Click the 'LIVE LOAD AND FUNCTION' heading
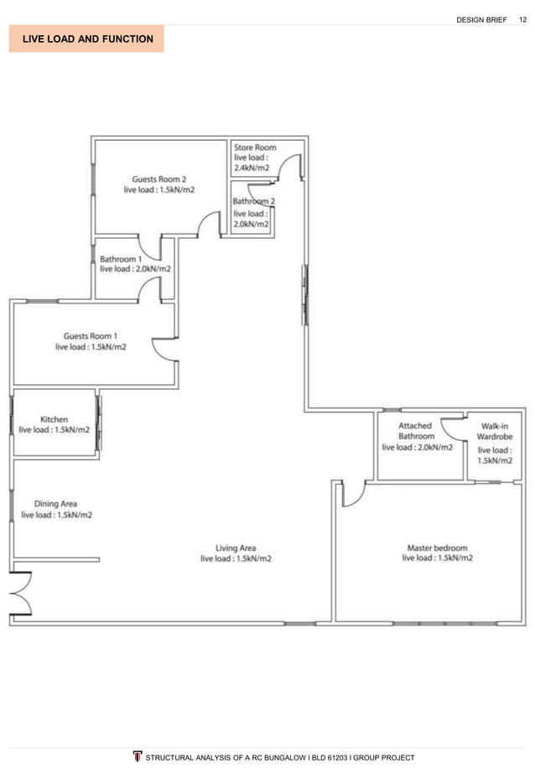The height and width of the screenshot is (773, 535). pyautogui.click(x=86, y=39)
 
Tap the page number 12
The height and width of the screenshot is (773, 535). pyautogui.click(x=522, y=19)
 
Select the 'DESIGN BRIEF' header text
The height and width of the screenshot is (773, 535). pyautogui.click(x=481, y=19)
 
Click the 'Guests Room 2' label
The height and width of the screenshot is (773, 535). pyautogui.click(x=158, y=179)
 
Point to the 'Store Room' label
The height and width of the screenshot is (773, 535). pyautogui.click(x=255, y=148)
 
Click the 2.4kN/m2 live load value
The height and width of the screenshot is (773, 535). pyautogui.click(x=252, y=168)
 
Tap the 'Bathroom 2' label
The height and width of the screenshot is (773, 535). pyautogui.click(x=253, y=201)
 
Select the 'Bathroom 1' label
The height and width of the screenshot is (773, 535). pyautogui.click(x=121, y=259)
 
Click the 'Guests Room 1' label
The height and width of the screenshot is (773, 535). pyautogui.click(x=91, y=335)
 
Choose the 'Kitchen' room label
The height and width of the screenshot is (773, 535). pyautogui.click(x=55, y=419)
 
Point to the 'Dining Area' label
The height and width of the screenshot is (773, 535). pyautogui.click(x=56, y=504)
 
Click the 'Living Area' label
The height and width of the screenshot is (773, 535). pyautogui.click(x=236, y=548)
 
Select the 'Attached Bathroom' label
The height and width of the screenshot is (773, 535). pyautogui.click(x=416, y=431)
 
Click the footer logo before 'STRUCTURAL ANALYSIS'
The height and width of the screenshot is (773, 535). pyautogui.click(x=138, y=757)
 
